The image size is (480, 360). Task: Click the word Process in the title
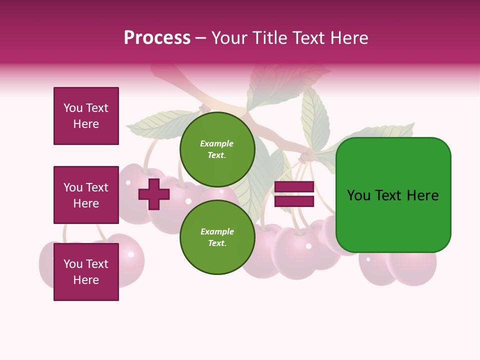pyautogui.click(x=157, y=38)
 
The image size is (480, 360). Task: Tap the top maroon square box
pyautogui.click(x=86, y=116)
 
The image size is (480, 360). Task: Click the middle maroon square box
pyautogui.click(x=86, y=195)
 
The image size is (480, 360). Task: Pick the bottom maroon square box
pyautogui.click(x=86, y=272)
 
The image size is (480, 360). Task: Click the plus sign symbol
pyautogui.click(x=154, y=194)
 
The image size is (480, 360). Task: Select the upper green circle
pyautogui.click(x=217, y=149)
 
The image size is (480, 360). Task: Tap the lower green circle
pyautogui.click(x=217, y=237)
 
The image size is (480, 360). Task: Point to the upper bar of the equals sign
pyautogui.click(x=294, y=186)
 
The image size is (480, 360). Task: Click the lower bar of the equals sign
pyautogui.click(x=294, y=201)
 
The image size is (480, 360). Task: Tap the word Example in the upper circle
pyautogui.click(x=217, y=143)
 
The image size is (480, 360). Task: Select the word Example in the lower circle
pyautogui.click(x=217, y=231)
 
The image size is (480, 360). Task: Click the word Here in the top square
pyautogui.click(x=86, y=124)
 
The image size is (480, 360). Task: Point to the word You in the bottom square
pyautogui.click(x=73, y=264)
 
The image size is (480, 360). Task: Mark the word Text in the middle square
pyautogui.click(x=96, y=187)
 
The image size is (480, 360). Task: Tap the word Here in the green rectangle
pyautogui.click(x=423, y=195)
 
